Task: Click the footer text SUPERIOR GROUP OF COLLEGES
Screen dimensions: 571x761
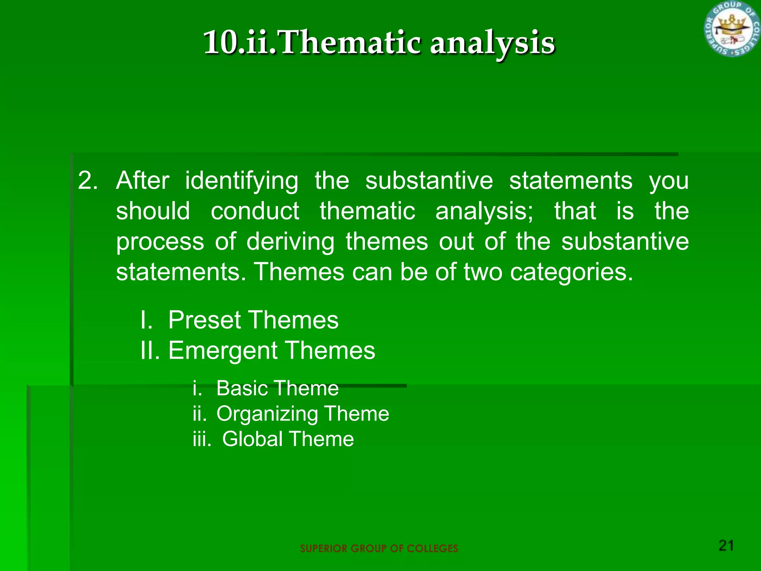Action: click(x=379, y=549)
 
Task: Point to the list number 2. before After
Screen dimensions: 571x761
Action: click(x=88, y=181)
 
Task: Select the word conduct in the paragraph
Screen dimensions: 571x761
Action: click(x=255, y=211)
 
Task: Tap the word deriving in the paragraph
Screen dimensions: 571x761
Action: click(x=290, y=242)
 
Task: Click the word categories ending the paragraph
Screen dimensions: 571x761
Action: click(x=571, y=272)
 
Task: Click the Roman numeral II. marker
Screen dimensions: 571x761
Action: click(x=150, y=351)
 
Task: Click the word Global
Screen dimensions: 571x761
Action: click(x=252, y=439)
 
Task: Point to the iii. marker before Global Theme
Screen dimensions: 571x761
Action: click(x=202, y=439)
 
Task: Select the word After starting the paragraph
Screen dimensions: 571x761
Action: click(x=143, y=181)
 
